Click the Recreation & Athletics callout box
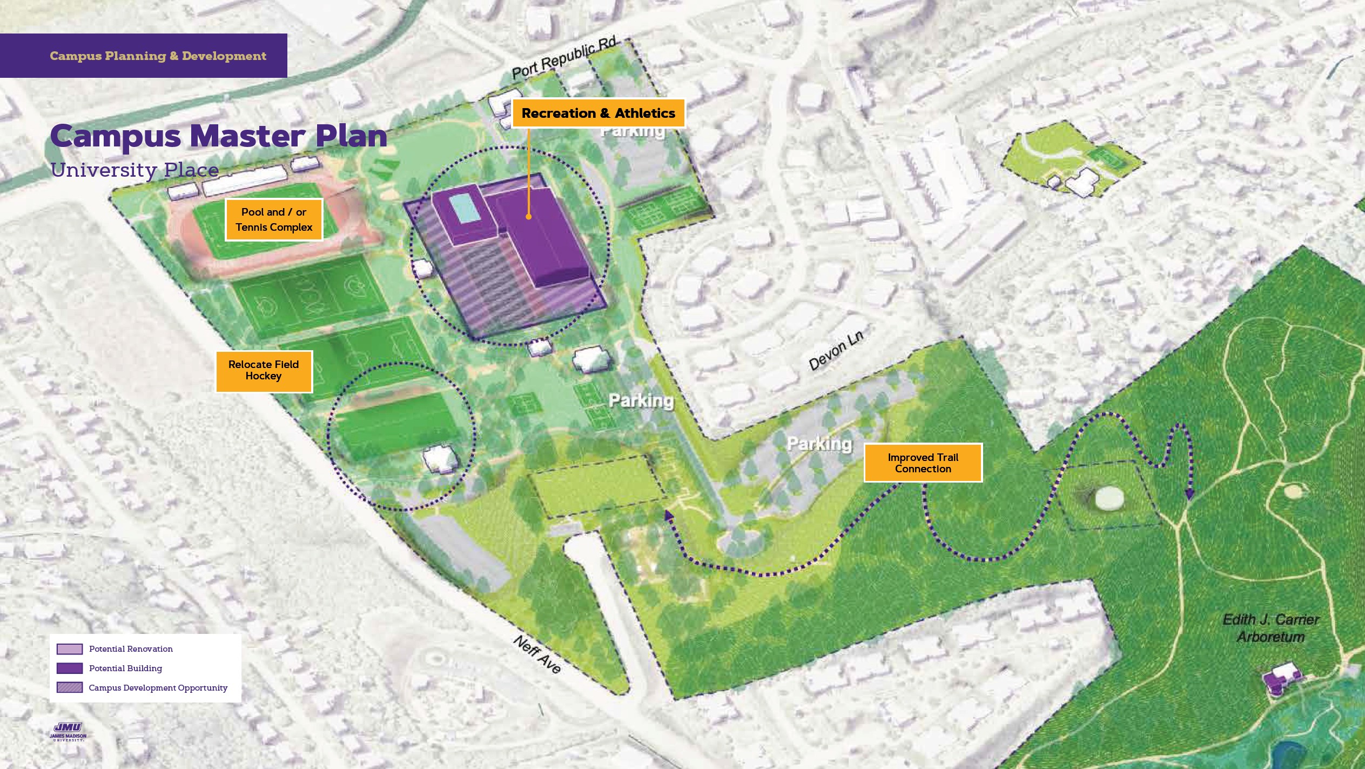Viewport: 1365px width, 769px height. pyautogui.click(x=598, y=113)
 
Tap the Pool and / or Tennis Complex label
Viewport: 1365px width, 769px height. pyautogui.click(x=274, y=219)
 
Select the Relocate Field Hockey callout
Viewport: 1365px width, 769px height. pyautogui.click(x=264, y=371)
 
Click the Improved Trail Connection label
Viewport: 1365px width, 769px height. pyautogui.click(x=923, y=463)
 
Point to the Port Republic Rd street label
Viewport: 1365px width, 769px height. pyautogui.click(x=563, y=58)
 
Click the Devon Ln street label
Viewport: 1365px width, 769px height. pyautogui.click(x=836, y=350)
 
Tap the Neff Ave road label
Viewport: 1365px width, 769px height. pyautogui.click(x=537, y=654)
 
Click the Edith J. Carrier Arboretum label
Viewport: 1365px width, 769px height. pyautogui.click(x=1270, y=628)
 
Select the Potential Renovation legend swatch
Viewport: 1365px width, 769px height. pyautogui.click(x=70, y=649)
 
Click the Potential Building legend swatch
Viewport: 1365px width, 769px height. pyautogui.click(x=70, y=668)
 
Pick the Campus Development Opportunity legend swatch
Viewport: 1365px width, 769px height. pyautogui.click(x=70, y=687)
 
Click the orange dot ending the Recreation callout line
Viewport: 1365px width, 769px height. pyautogui.click(x=528, y=217)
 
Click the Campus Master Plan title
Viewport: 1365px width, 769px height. pyautogui.click(x=219, y=136)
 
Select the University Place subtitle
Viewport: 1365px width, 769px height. pyautogui.click(x=135, y=170)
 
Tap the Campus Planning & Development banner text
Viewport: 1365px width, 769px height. pyautogui.click(x=158, y=56)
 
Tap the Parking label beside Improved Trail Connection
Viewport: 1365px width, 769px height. pyautogui.click(x=819, y=444)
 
